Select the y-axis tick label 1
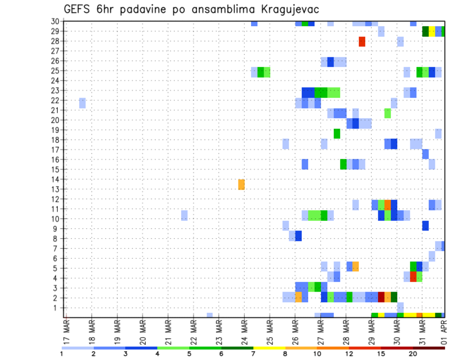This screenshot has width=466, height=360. pyautogui.click(x=56, y=308)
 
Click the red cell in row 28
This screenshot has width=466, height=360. pyautogui.click(x=362, y=42)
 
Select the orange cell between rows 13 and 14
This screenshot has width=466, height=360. pyautogui.click(x=241, y=184)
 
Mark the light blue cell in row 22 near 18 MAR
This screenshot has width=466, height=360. pyautogui.click(x=82, y=103)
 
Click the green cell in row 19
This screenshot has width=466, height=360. pyautogui.click(x=336, y=133)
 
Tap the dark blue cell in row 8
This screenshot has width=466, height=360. pyautogui.click(x=298, y=236)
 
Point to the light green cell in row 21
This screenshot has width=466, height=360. pyautogui.click(x=387, y=113)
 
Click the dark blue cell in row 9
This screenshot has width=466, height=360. pyautogui.click(x=425, y=226)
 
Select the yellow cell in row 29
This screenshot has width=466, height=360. pyautogui.click(x=432, y=32)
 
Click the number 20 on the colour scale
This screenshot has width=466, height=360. pyautogui.click(x=413, y=353)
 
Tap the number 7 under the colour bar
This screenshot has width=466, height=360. pyautogui.click(x=253, y=353)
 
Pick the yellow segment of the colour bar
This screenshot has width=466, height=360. pyautogui.click(x=269, y=348)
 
